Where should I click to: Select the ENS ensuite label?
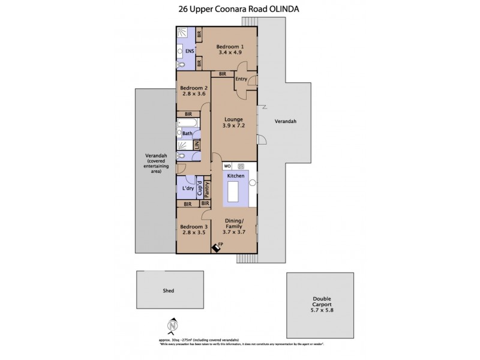coord(188,51)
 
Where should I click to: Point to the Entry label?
coord(241,79)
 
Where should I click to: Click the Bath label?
coord(187,133)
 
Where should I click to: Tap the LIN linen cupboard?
coord(196,145)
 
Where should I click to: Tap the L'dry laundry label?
coord(188,188)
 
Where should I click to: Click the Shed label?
coord(168,291)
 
